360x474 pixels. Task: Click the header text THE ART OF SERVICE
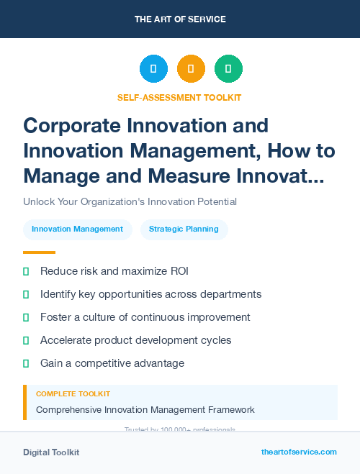click(180, 19)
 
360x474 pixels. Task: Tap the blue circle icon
click(153, 68)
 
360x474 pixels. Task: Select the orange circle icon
click(191, 68)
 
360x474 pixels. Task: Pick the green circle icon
click(228, 68)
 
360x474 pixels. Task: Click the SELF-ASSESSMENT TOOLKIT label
click(179, 97)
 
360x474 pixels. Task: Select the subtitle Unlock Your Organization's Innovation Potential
click(130, 202)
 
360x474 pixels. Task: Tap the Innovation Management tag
click(78, 229)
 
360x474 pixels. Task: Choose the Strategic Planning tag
click(184, 229)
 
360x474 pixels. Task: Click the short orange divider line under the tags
click(39, 252)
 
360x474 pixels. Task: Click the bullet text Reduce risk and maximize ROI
click(114, 271)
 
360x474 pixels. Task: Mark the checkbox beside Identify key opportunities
click(27, 294)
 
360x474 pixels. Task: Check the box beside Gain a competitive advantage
click(27, 363)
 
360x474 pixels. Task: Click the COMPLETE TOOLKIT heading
click(73, 394)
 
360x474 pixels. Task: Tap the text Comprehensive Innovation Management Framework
click(145, 410)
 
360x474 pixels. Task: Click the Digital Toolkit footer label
click(51, 452)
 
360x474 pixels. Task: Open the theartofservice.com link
click(299, 452)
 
